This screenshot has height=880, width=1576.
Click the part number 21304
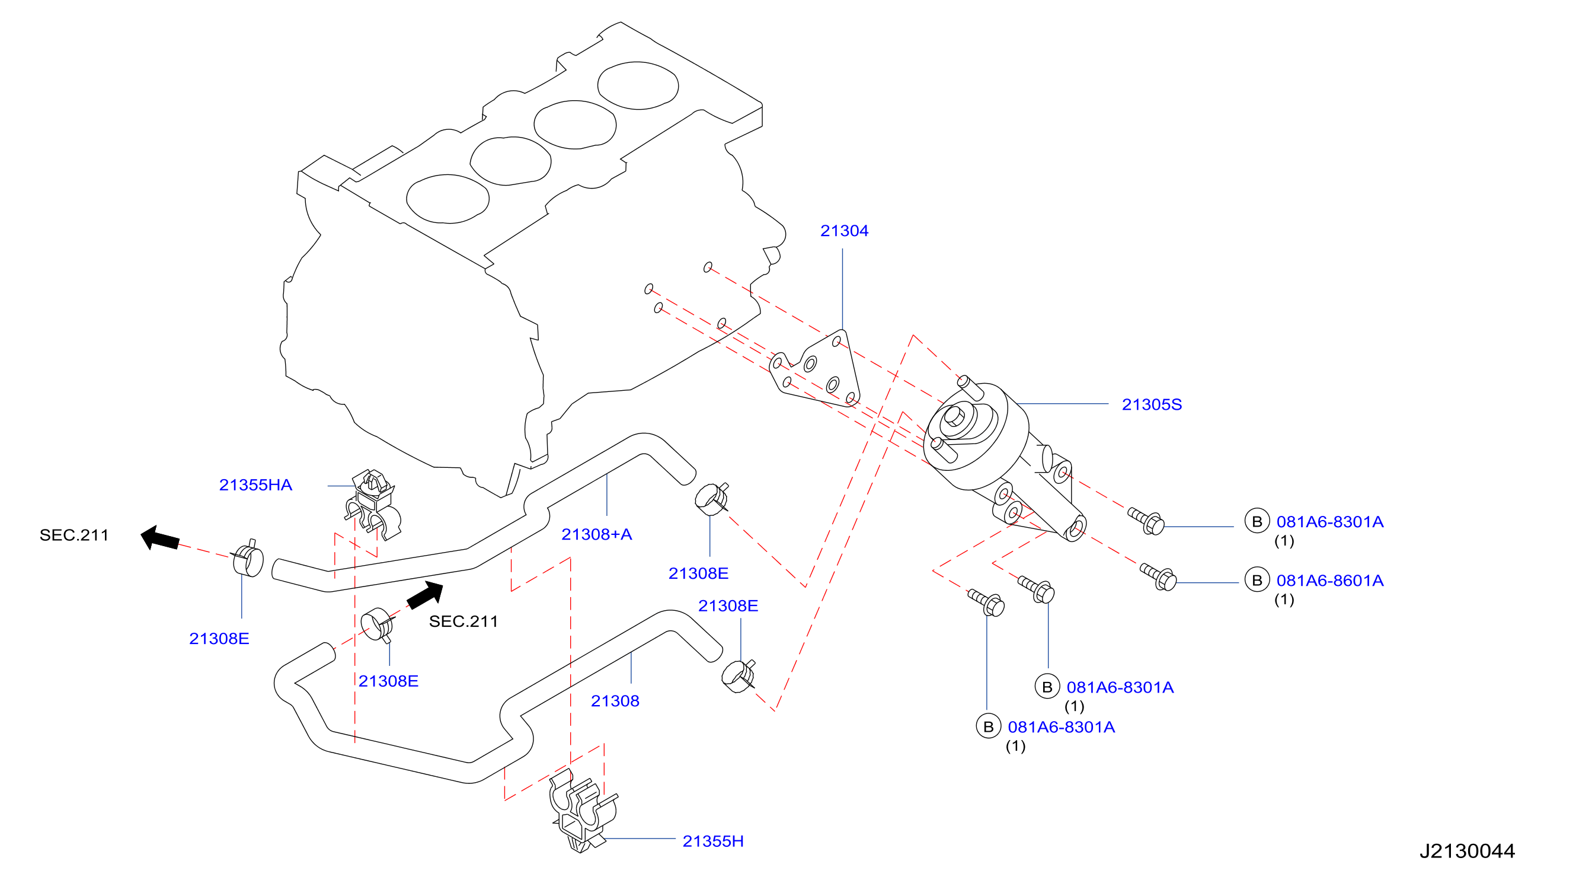coord(843,231)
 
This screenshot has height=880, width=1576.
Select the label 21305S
coord(1152,404)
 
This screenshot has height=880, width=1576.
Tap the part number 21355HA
coord(255,484)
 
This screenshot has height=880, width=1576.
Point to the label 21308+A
coord(596,534)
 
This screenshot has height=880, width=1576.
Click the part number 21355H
coord(713,841)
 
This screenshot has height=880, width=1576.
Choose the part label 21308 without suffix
coord(615,701)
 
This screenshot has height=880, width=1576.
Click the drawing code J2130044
coord(1466,850)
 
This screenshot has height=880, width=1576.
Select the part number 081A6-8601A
coord(1329,580)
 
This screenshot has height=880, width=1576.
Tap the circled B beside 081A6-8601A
coord(1257,580)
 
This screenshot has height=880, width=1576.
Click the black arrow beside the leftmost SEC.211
coord(160,538)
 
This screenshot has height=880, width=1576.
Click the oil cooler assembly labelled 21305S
coord(998,453)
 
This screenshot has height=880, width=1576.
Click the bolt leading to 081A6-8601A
coord(1158,576)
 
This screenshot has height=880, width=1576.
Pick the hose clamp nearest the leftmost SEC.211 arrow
coord(248,559)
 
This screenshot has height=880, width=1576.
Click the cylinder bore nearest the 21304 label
coord(638,85)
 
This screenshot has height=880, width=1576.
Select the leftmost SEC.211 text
coord(74,535)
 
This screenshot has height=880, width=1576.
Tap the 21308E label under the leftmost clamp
coord(219,638)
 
